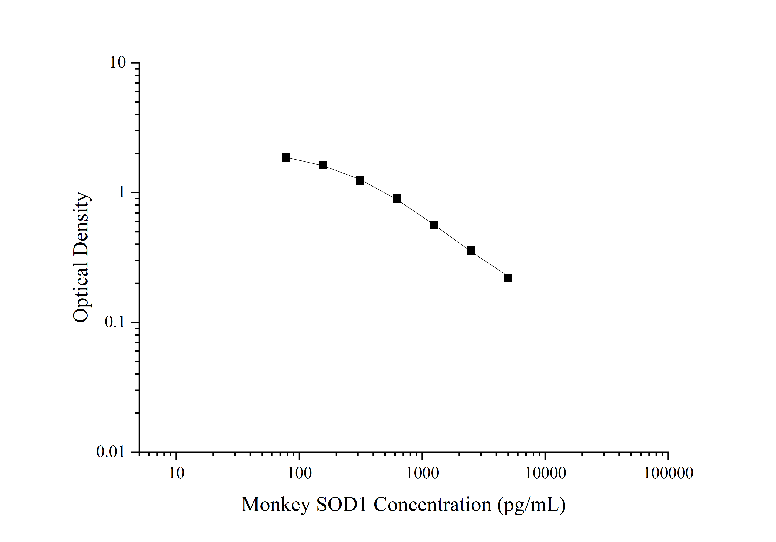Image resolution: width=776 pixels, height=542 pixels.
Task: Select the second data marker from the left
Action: (323, 165)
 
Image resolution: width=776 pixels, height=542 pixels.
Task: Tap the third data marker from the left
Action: (360, 181)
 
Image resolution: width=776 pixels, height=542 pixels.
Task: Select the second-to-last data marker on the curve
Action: (471, 250)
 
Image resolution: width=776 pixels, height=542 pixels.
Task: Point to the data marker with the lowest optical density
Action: (508, 278)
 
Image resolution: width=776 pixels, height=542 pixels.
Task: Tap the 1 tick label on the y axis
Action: (121, 193)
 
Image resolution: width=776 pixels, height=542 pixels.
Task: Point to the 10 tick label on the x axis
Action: (176, 473)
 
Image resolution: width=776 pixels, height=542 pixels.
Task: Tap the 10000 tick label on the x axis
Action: (545, 473)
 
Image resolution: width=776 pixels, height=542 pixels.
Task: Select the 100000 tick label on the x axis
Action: (668, 473)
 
